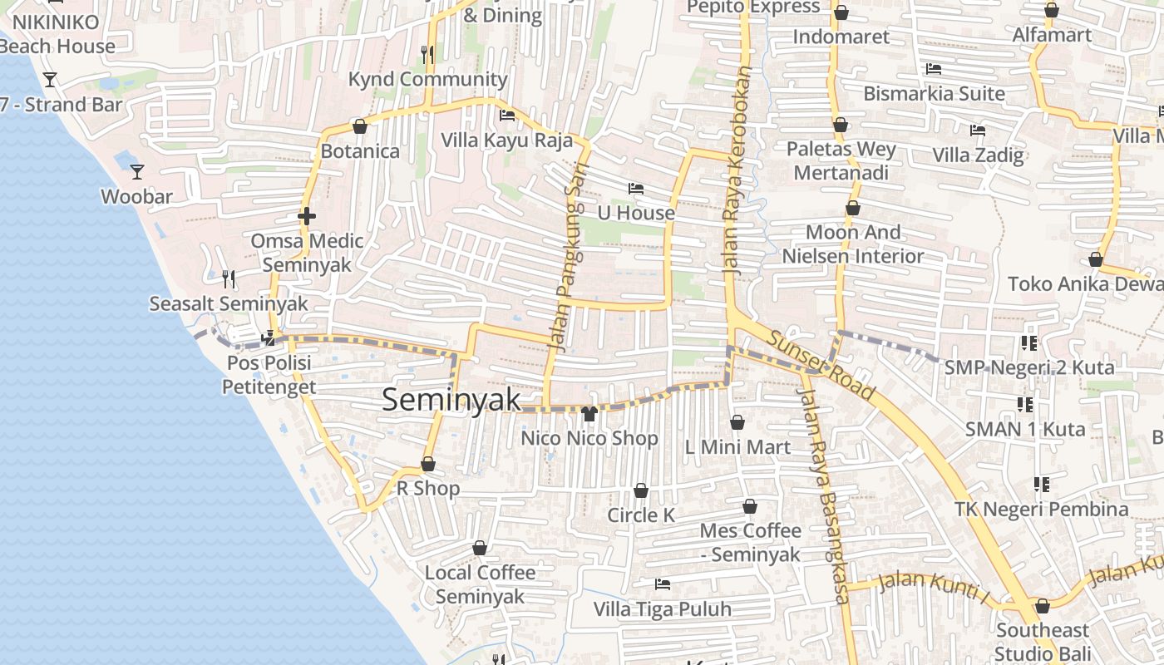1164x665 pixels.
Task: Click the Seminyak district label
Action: pos(451,400)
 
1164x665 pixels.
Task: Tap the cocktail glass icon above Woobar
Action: pos(137,172)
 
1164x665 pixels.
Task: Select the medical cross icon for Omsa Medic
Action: pos(307,217)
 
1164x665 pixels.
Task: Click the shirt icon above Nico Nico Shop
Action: pos(589,413)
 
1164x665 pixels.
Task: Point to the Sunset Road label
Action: pos(820,366)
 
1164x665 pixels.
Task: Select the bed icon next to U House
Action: pos(636,189)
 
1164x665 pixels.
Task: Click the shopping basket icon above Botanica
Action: pos(360,126)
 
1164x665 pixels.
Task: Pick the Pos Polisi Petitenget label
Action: pos(269,375)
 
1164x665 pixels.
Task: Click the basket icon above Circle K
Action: pos(641,490)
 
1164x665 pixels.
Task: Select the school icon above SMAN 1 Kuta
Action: pos(1025,405)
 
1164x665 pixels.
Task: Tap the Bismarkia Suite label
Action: pos(934,93)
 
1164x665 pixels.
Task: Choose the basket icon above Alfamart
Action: pos(1052,11)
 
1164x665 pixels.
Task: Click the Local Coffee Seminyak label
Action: pos(480,584)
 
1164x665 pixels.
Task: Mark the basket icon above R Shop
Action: pos(428,464)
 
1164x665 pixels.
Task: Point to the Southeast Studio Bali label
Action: pos(1042,642)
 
